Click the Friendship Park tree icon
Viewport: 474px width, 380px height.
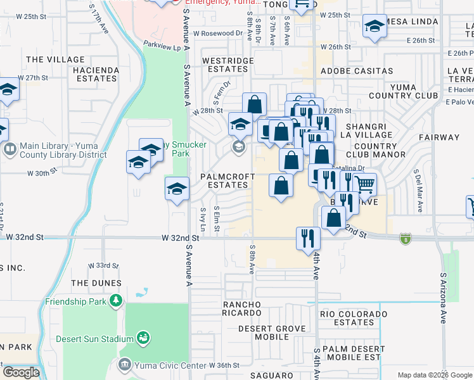click(x=115, y=300)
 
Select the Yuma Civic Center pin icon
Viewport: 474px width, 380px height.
click(x=124, y=364)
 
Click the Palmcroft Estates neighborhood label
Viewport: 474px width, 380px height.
click(x=224, y=180)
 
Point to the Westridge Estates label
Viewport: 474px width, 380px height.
click(x=227, y=65)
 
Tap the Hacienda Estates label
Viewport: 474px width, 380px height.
click(x=96, y=74)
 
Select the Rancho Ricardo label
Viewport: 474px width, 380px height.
click(x=241, y=308)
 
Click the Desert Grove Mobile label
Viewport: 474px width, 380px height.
click(x=272, y=333)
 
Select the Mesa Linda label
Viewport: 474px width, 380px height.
click(x=412, y=22)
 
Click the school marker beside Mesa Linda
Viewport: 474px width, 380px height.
click(x=375, y=27)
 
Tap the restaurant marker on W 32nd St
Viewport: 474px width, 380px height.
click(x=308, y=239)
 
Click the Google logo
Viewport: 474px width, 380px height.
click(x=20, y=372)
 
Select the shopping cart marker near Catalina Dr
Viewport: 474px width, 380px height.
click(x=364, y=184)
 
